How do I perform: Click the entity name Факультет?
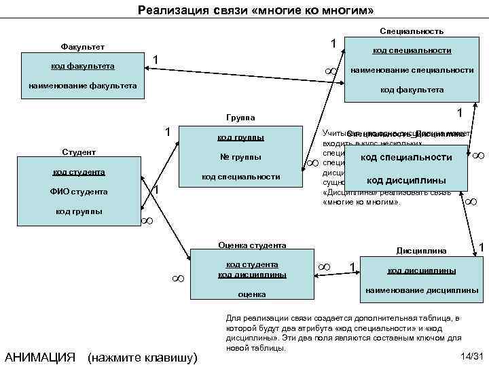[78, 46]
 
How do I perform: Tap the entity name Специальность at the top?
[412, 31]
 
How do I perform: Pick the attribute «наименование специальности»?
[412, 70]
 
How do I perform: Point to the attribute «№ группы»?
[240, 157]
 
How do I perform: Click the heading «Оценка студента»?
[252, 245]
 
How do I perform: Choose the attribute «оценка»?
[251, 294]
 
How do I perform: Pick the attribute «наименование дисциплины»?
[422, 290]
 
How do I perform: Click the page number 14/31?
[471, 357]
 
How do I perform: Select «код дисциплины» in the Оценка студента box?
[252, 275]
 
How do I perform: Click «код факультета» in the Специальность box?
[412, 89]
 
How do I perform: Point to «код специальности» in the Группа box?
[240, 177]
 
